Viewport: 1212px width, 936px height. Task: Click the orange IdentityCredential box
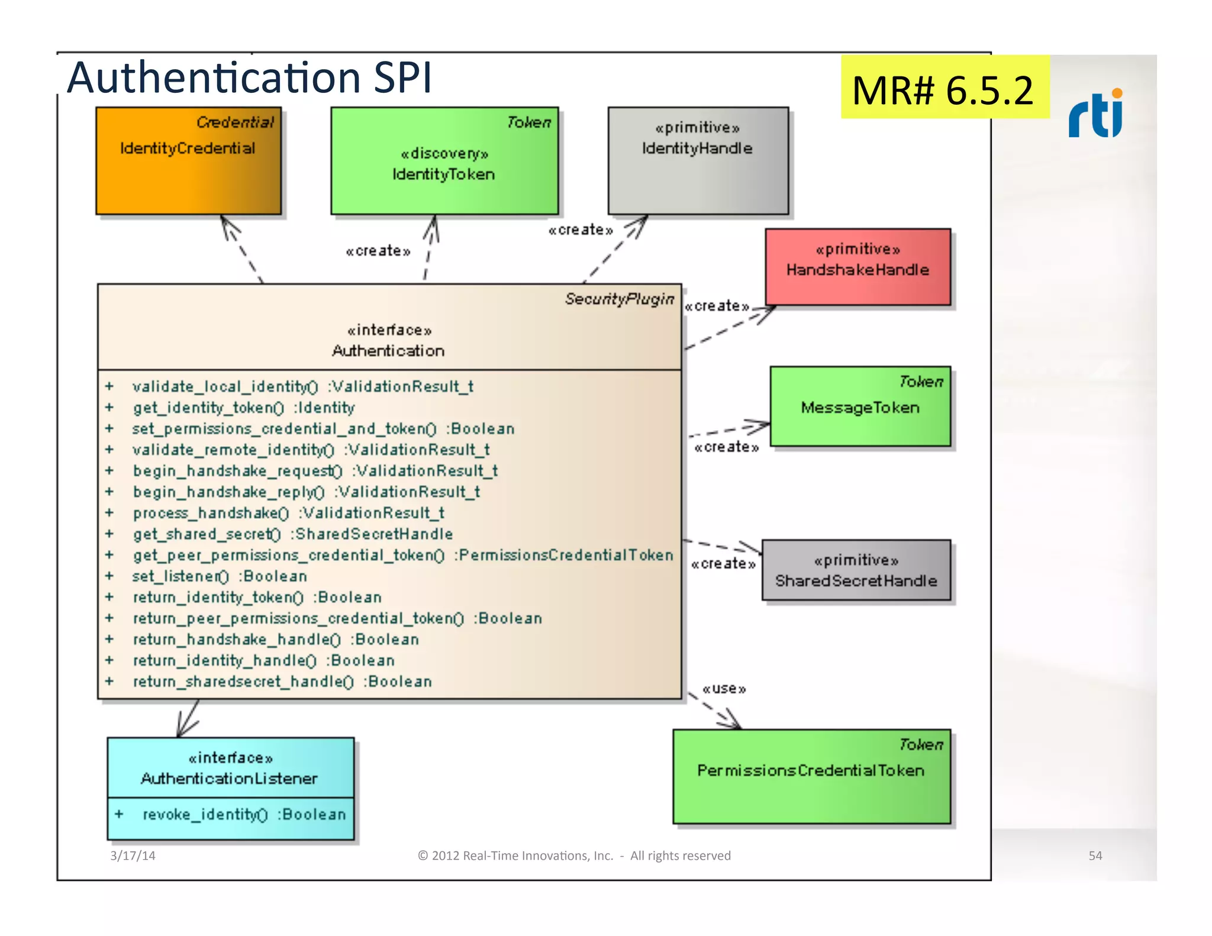pyautogui.click(x=188, y=160)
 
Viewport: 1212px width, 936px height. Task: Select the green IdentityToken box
pyautogui.click(x=444, y=161)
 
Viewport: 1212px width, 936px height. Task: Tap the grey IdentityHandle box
pyautogui.click(x=698, y=160)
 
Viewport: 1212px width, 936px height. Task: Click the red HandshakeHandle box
pyautogui.click(x=858, y=267)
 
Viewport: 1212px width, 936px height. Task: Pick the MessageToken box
pyautogui.click(x=860, y=406)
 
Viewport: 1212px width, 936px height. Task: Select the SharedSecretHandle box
pyautogui.click(x=856, y=570)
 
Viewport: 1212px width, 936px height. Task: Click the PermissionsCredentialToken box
pyautogui.click(x=811, y=776)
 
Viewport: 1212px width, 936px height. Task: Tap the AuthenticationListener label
pyautogui.click(x=230, y=778)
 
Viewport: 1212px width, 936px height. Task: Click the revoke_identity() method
pyautogui.click(x=244, y=815)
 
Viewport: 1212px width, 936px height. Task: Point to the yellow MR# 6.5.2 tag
pyautogui.click(x=944, y=89)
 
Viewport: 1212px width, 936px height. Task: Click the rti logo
pyautogui.click(x=1095, y=114)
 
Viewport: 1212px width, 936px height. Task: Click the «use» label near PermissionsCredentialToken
pyautogui.click(x=724, y=689)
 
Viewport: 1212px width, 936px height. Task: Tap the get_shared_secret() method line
pyautogui.click(x=293, y=534)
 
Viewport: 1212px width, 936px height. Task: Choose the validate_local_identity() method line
pyautogui.click(x=303, y=386)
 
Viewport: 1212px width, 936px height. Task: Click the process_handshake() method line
pyautogui.click(x=288, y=513)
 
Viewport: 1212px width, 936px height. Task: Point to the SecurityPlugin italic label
pyautogui.click(x=619, y=299)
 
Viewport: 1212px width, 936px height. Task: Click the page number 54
pyautogui.click(x=1095, y=856)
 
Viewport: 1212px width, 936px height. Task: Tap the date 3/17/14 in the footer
pyautogui.click(x=133, y=856)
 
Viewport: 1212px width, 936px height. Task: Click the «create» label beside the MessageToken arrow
pyautogui.click(x=726, y=447)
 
